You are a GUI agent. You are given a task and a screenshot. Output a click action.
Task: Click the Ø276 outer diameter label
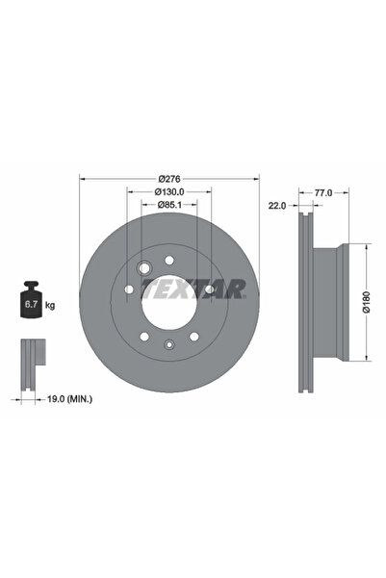tap(169, 179)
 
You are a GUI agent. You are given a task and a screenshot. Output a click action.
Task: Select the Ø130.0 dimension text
tap(169, 192)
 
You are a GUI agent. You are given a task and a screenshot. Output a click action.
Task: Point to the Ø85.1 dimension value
tap(169, 205)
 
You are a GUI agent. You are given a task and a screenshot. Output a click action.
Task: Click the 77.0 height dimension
tap(322, 192)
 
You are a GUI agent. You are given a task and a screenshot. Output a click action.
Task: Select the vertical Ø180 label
tap(366, 303)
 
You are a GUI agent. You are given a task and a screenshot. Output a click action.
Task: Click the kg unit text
tap(50, 305)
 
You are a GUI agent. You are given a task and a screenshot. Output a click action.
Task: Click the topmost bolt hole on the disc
tap(169, 259)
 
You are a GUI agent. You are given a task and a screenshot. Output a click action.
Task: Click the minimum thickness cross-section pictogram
tap(32, 355)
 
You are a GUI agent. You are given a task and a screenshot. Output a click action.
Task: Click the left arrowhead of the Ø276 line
tap(83, 179)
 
